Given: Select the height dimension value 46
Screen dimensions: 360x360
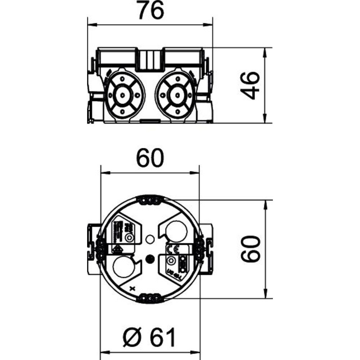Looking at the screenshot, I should [x=250, y=85].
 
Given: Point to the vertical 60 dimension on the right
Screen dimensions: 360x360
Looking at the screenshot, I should [x=250, y=249].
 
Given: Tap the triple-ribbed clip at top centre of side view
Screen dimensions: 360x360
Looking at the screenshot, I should [x=150, y=59].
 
